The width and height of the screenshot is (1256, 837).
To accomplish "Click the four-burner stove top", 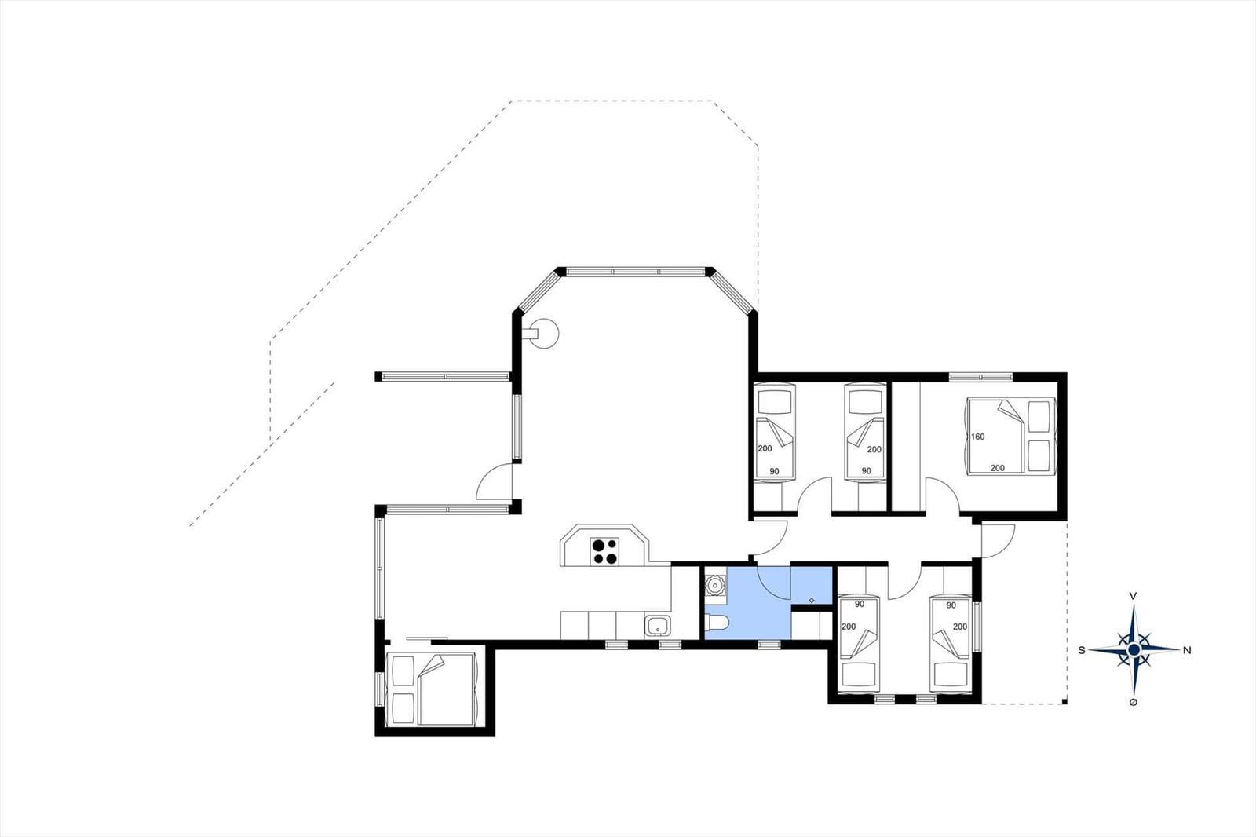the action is coord(604,551).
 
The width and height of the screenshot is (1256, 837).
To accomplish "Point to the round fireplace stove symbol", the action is coord(543,334).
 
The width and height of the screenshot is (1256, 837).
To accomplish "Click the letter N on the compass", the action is coord(1187,651).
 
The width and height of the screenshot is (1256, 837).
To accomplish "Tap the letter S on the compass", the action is coord(1082,651).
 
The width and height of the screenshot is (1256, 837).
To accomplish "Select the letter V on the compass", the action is coord(1134,596).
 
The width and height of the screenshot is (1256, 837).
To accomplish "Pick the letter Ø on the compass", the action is coord(1134,703).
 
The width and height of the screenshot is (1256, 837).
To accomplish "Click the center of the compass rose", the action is coord(1134,649).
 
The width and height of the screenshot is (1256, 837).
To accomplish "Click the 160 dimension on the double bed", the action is coord(978,437).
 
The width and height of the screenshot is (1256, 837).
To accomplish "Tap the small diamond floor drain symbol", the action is coord(812,600).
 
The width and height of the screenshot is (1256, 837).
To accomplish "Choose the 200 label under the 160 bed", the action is coord(998,468).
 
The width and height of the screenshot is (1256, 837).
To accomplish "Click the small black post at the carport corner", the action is coord(1064,701).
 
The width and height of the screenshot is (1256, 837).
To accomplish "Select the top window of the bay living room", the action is coord(635,272).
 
